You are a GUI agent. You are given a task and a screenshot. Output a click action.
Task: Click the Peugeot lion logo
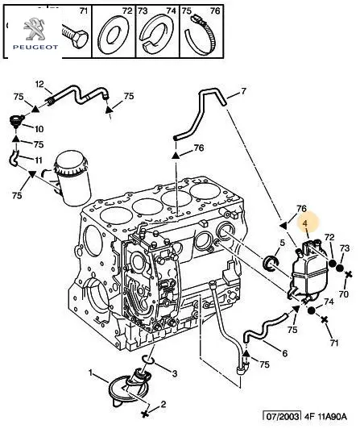[34, 29]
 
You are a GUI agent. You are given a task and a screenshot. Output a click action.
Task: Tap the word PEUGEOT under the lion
[35, 48]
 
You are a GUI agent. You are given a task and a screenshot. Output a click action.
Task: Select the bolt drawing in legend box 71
[75, 36]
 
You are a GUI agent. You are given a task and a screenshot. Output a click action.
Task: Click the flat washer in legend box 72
[113, 35]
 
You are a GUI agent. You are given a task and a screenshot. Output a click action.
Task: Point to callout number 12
[39, 84]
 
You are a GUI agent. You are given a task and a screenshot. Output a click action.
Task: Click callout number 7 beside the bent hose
[243, 91]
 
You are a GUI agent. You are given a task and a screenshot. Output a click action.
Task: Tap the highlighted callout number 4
[305, 223]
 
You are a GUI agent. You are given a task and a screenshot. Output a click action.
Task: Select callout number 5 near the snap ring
[283, 243]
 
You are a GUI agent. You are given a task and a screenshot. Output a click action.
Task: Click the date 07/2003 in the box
[283, 417]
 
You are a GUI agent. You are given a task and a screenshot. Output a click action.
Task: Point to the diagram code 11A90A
[331, 417]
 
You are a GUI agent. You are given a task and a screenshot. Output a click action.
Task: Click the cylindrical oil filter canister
[73, 178]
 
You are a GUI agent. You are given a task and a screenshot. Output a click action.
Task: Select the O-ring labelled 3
[148, 360]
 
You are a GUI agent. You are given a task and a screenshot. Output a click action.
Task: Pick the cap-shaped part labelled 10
[16, 121]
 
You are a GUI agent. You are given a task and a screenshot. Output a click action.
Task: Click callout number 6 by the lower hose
[284, 353]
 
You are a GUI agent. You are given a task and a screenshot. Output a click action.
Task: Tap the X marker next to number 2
[145, 414]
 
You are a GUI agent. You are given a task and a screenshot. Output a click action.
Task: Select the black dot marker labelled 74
[312, 310]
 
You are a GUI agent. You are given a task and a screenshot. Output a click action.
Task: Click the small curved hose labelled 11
[14, 158]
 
